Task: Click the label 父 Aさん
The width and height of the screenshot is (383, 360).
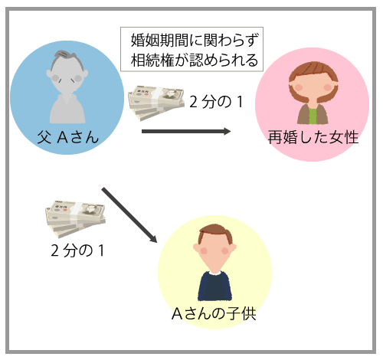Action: (x=68, y=137)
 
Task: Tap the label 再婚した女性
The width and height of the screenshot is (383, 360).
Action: (x=313, y=137)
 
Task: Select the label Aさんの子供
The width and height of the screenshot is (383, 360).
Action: (x=214, y=313)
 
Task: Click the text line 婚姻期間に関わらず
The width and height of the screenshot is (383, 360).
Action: (x=195, y=40)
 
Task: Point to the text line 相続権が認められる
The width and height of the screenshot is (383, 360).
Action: (x=195, y=61)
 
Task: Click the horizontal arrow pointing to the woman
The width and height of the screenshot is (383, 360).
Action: (x=186, y=132)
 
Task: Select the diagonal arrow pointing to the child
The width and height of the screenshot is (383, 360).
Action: (x=129, y=215)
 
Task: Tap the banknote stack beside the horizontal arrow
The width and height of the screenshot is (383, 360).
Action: (x=156, y=103)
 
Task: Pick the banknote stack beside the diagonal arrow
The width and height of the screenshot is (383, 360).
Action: (x=76, y=219)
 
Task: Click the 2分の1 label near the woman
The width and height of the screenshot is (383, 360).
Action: (x=216, y=102)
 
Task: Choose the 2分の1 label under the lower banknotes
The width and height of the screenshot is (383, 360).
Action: (x=77, y=250)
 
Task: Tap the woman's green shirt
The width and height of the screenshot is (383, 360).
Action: (x=313, y=116)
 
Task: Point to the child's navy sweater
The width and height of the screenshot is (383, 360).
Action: (x=214, y=286)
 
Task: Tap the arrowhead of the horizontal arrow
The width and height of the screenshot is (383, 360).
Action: (x=227, y=132)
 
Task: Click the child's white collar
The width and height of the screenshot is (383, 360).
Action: (x=215, y=273)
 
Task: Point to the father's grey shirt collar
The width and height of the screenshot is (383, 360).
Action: (x=67, y=98)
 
